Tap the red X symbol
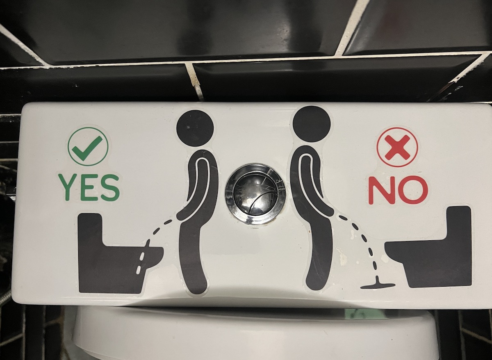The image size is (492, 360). [x=397, y=147]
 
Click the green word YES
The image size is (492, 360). [x=89, y=187]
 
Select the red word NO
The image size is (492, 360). [x=398, y=190]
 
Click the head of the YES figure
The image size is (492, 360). [x=195, y=128]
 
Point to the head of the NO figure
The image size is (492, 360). [x=312, y=124]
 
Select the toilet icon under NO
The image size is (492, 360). [x=429, y=247]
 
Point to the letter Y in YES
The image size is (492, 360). [x=68, y=187]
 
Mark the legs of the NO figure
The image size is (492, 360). [x=318, y=255]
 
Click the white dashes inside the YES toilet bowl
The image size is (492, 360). [x=141, y=263]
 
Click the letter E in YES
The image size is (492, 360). [x=90, y=187]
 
